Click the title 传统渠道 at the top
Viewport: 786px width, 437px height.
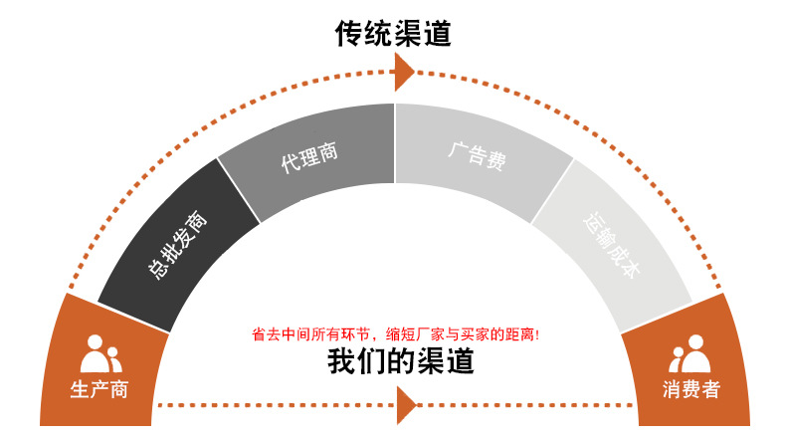coord(393,35)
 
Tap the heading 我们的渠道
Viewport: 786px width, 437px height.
coord(401,360)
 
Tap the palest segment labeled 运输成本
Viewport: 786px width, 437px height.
coord(613,245)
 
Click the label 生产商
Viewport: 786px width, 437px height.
coord(99,389)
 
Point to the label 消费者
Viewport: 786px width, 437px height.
coord(690,389)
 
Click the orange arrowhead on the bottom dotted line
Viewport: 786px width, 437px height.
coord(405,405)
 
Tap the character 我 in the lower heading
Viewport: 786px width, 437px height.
coord(342,360)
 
